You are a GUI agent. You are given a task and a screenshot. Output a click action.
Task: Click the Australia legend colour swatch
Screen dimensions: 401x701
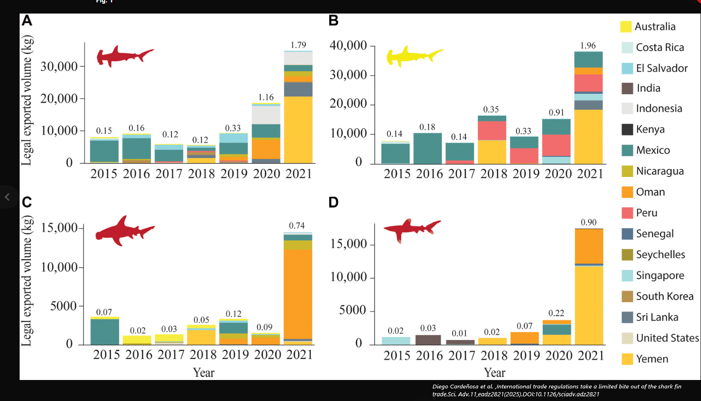click(x=626, y=27)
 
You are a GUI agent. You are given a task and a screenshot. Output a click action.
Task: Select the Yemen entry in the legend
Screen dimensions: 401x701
click(x=652, y=359)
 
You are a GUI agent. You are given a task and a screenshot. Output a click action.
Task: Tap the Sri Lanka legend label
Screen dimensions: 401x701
click(x=657, y=317)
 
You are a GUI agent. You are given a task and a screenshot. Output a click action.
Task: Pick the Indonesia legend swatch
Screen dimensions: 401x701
click(x=627, y=108)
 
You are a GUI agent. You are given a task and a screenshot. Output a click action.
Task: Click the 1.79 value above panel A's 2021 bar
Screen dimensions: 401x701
click(x=298, y=45)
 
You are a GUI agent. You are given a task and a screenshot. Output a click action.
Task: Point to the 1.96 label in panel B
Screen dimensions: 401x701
click(x=588, y=45)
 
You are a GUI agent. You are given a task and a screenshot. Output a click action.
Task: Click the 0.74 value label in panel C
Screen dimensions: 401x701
click(x=297, y=225)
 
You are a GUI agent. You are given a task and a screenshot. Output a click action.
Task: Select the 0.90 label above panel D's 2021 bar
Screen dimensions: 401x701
click(x=588, y=222)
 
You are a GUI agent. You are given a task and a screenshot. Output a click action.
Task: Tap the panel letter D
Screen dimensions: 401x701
click(x=333, y=203)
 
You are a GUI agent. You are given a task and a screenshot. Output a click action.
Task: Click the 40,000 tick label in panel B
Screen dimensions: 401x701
click(x=348, y=45)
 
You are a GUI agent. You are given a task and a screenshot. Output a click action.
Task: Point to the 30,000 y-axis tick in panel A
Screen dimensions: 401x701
click(x=59, y=66)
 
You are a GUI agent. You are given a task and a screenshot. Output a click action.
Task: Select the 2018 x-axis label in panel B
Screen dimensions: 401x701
click(x=494, y=174)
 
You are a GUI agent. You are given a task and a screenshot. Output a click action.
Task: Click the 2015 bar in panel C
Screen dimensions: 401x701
click(x=105, y=331)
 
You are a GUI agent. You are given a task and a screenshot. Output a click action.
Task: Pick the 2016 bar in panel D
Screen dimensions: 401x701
click(x=428, y=339)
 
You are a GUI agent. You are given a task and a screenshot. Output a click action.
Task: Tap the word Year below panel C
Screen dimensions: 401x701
click(x=204, y=373)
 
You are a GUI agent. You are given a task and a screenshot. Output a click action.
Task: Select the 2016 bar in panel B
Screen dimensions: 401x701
click(x=428, y=148)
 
